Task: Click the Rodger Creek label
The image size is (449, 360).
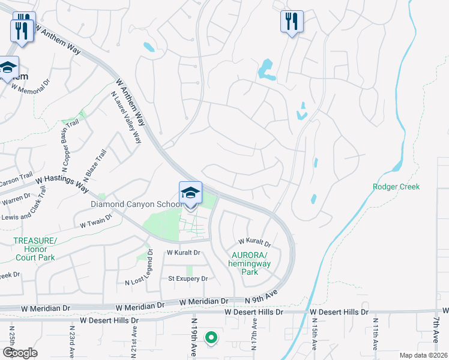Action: (x=396, y=187)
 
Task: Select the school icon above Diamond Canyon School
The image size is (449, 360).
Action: (x=190, y=193)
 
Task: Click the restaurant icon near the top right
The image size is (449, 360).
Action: (x=292, y=22)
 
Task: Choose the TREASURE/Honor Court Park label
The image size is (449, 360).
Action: (x=35, y=249)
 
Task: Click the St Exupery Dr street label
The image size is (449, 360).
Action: (x=187, y=278)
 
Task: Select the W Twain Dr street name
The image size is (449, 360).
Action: (x=98, y=224)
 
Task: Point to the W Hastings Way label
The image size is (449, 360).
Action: (x=62, y=179)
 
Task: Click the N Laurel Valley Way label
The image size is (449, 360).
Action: (x=126, y=117)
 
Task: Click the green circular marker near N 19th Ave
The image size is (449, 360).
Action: (x=211, y=338)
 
